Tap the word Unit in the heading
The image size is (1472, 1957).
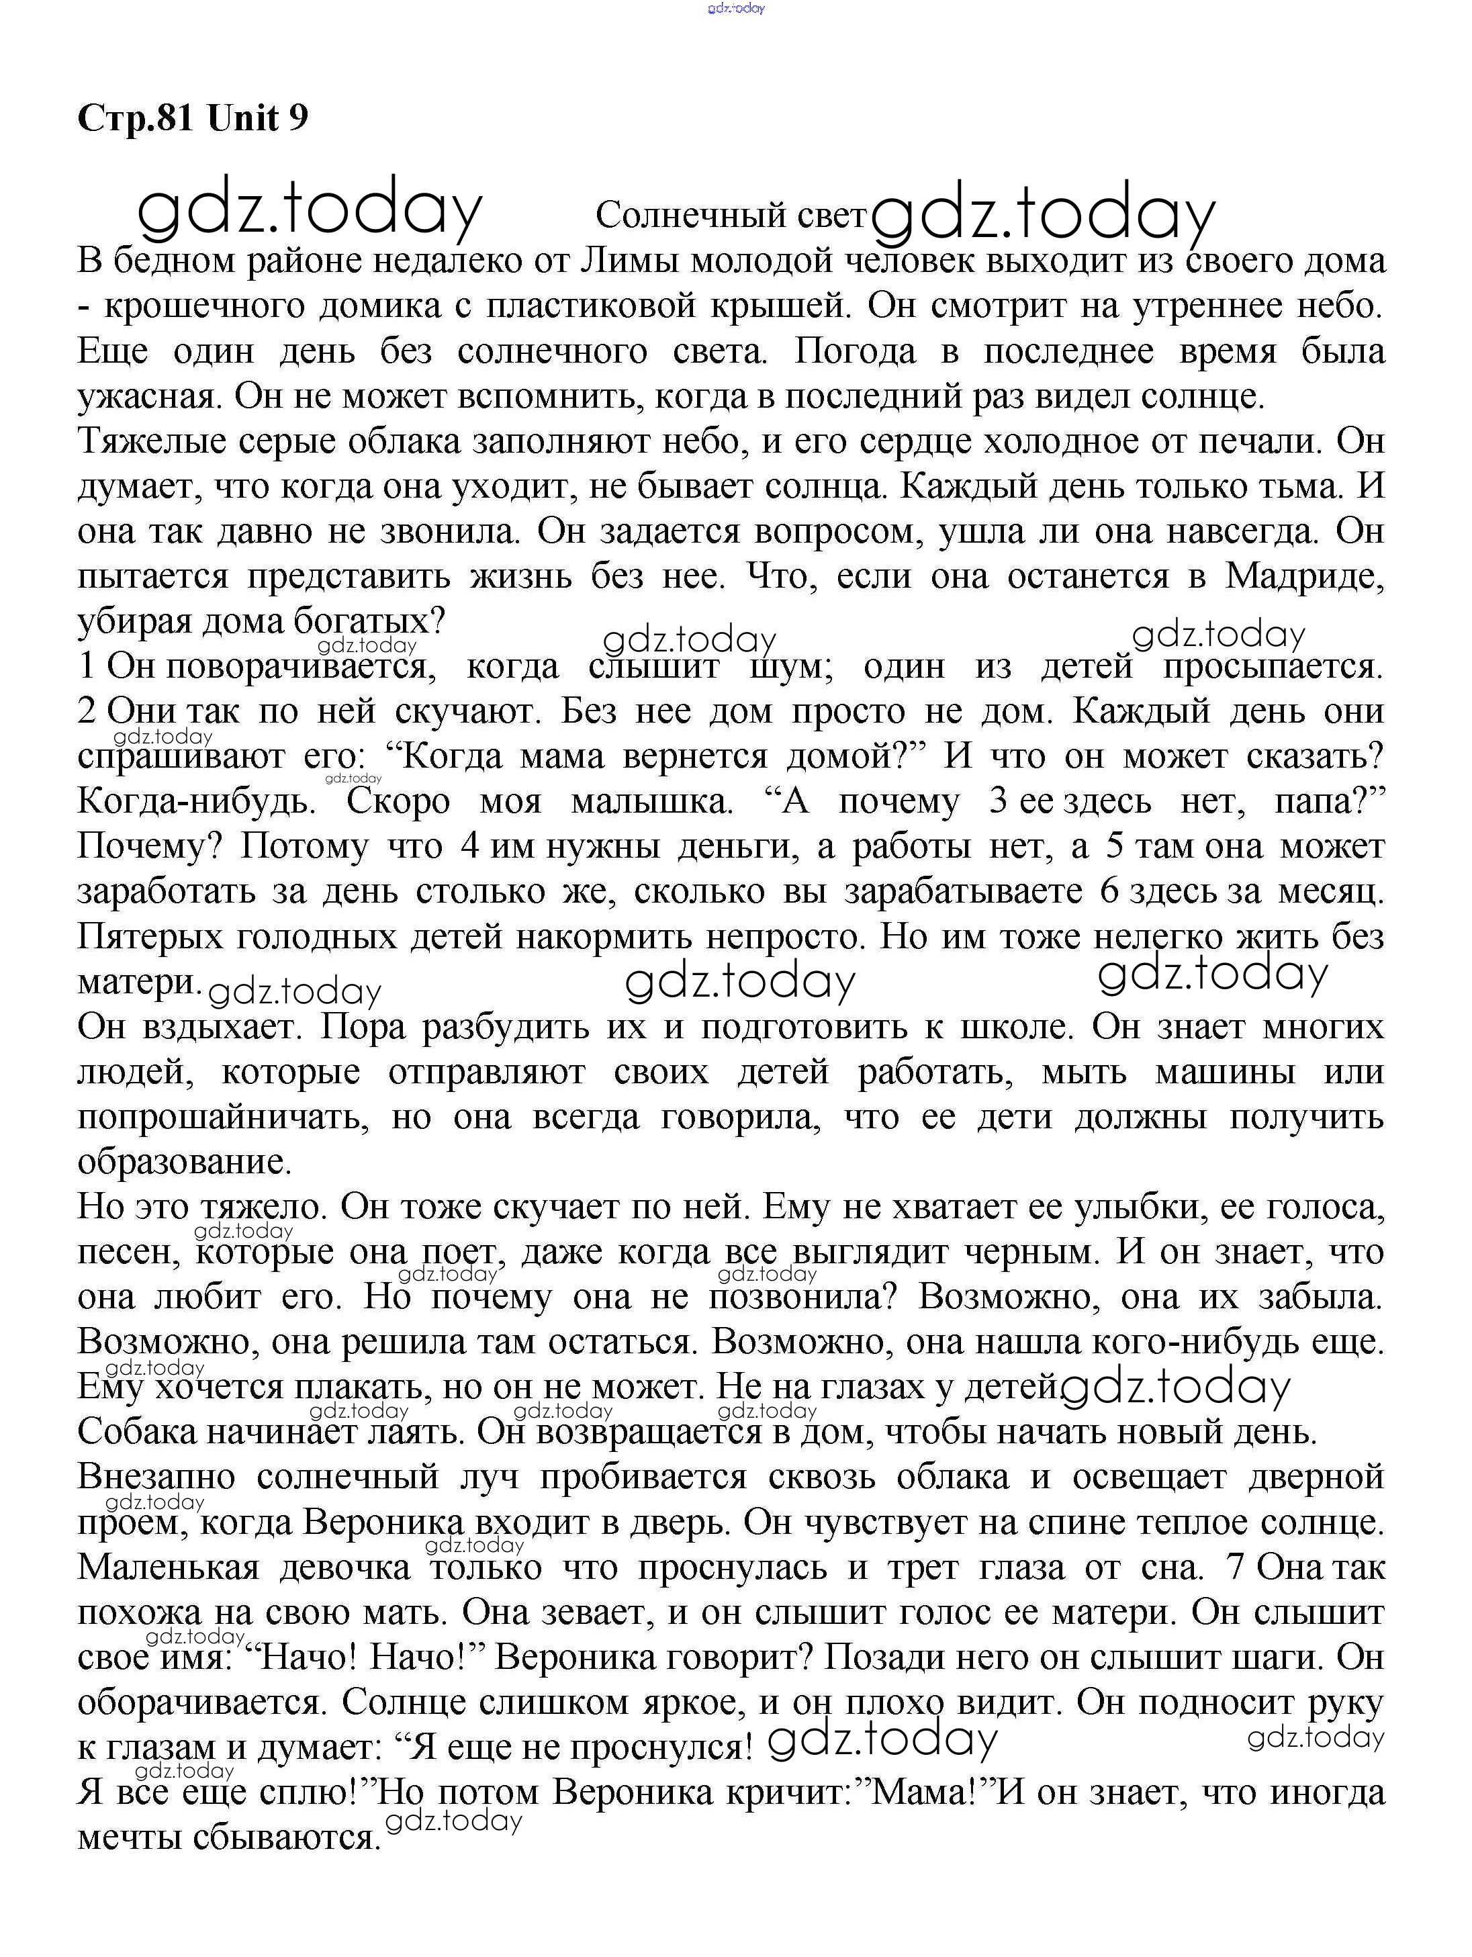[x=242, y=118]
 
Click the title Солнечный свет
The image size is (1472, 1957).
[x=730, y=215]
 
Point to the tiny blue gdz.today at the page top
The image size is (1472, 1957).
[x=736, y=8]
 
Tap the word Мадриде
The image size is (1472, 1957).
[x=1304, y=576]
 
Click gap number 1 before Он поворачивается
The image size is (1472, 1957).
[x=86, y=666]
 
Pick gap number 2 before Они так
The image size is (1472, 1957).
[x=87, y=711]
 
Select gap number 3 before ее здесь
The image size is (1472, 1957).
[x=999, y=802]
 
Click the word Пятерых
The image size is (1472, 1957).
[x=150, y=937]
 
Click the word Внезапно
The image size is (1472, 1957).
[x=156, y=1477]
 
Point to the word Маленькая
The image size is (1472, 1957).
[x=168, y=1567]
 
